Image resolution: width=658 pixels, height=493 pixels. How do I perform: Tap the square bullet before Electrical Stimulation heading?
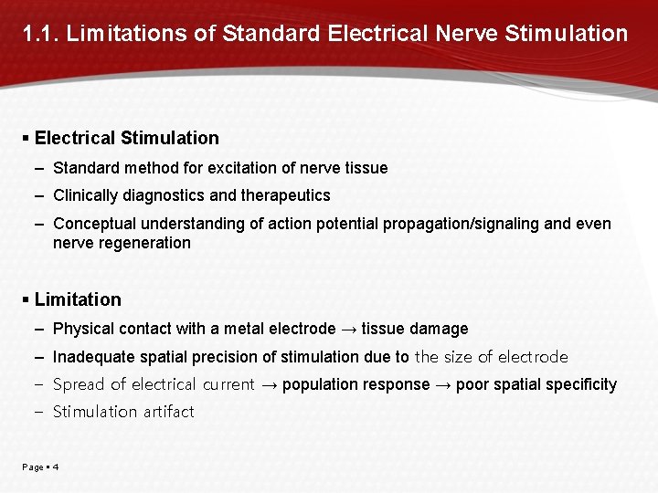click(x=27, y=138)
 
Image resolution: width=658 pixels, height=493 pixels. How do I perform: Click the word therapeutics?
click(x=286, y=195)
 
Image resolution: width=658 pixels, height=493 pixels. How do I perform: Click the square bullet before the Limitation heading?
click(x=27, y=299)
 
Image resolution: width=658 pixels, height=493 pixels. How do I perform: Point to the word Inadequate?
click(x=94, y=357)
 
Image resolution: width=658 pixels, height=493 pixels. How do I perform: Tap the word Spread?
click(x=79, y=384)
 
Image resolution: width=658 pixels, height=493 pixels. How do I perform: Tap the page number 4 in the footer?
click(x=56, y=467)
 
